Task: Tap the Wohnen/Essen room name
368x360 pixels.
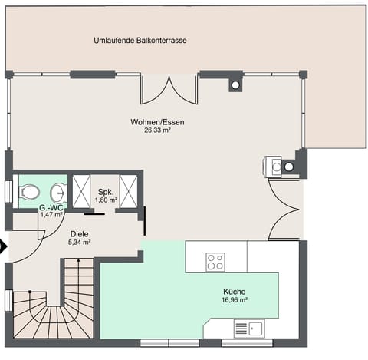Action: pyautogui.click(x=157, y=121)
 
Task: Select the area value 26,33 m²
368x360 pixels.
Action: pyautogui.click(x=157, y=130)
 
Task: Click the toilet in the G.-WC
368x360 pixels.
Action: pyautogui.click(x=29, y=191)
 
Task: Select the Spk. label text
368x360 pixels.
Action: pyautogui.click(x=105, y=191)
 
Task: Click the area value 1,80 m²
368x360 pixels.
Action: pyautogui.click(x=105, y=200)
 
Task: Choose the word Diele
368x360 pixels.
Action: pyautogui.click(x=79, y=233)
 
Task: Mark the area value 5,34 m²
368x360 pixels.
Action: pyautogui.click(x=79, y=243)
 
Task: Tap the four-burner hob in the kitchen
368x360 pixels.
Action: pyautogui.click(x=215, y=261)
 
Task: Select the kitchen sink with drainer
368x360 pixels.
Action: pyautogui.click(x=249, y=329)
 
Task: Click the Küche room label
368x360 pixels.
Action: pyautogui.click(x=234, y=292)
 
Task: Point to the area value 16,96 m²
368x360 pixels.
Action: pyautogui.click(x=234, y=301)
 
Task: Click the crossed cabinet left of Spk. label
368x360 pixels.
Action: pyautogui.click(x=80, y=191)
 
